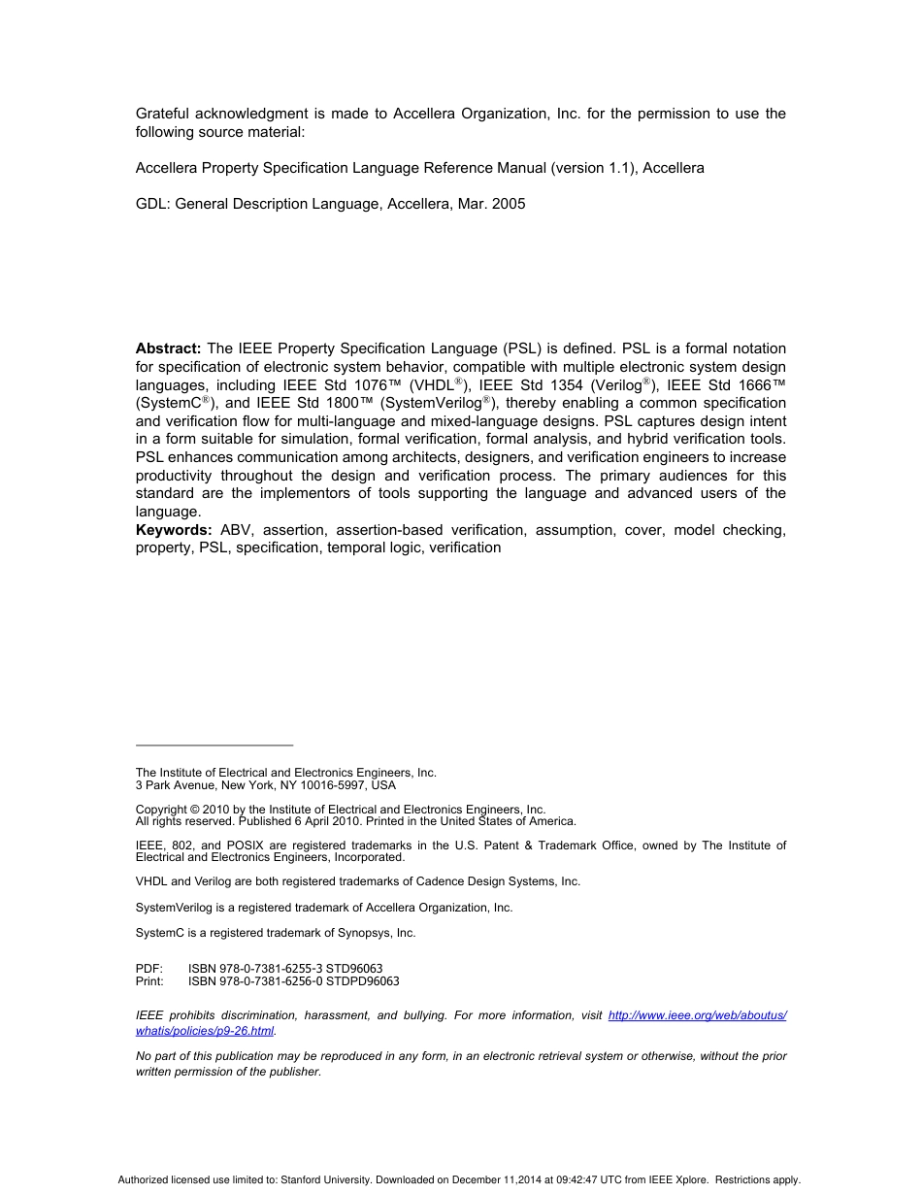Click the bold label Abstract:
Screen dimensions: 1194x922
169,348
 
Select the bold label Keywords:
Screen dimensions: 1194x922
174,530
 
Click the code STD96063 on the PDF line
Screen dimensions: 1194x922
354,969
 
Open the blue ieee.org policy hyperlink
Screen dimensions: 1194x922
697,1015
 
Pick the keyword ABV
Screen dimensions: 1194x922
235,530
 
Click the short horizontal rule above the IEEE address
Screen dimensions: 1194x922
214,746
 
